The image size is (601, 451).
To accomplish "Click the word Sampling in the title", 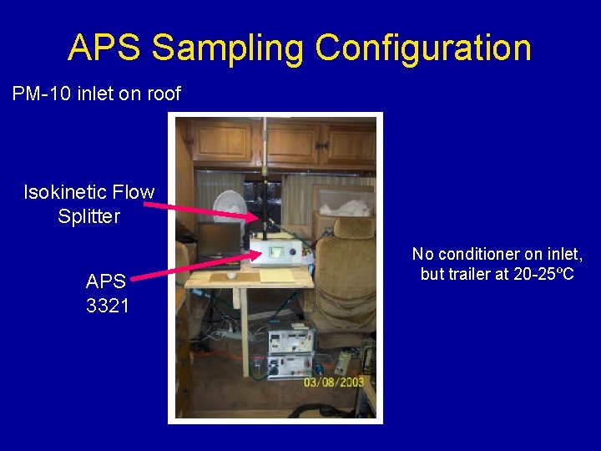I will click(x=225, y=48).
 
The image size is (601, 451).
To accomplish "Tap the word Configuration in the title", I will click(x=422, y=48).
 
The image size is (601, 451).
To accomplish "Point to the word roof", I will click(x=163, y=94).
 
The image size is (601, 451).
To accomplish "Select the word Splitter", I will click(x=88, y=216).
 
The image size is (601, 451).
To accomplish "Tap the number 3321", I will click(x=108, y=306).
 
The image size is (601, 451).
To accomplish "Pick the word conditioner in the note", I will click(x=487, y=254).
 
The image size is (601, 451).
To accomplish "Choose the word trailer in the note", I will click(x=469, y=274).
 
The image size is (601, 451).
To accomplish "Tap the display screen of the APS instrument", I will click(x=276, y=251).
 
